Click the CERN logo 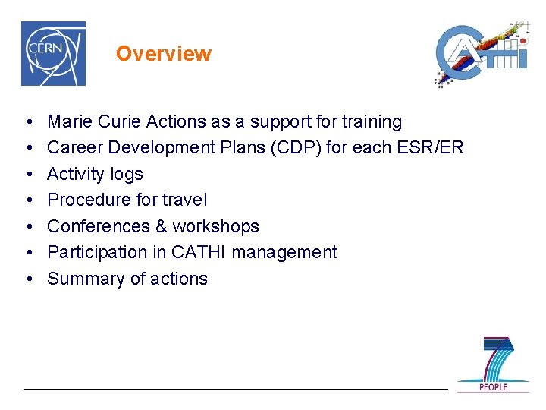53,53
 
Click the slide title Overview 163,54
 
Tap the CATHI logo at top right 481,54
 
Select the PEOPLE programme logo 492,364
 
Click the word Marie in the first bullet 67,121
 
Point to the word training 372,121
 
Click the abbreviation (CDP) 315,148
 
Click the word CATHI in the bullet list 199,252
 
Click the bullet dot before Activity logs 27,175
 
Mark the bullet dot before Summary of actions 27,279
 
